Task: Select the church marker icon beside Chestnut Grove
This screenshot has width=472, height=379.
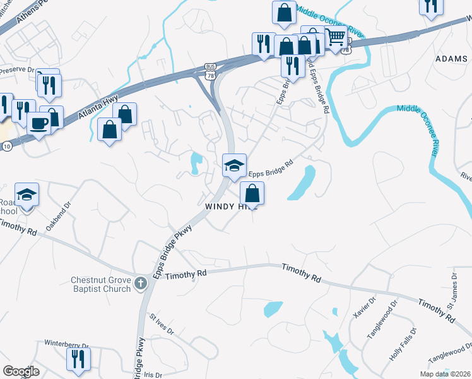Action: point(140,284)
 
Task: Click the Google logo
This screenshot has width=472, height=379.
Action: point(21,371)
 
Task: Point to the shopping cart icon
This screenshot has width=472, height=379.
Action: point(336,37)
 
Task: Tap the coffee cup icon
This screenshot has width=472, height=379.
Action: point(40,123)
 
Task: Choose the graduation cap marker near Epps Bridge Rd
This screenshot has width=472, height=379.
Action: point(234,165)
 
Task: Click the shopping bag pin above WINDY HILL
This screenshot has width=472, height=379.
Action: point(252,193)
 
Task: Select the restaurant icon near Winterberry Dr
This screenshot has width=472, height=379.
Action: point(78,359)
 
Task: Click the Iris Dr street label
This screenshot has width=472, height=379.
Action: point(153,374)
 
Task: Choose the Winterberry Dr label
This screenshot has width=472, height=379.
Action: point(66,344)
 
